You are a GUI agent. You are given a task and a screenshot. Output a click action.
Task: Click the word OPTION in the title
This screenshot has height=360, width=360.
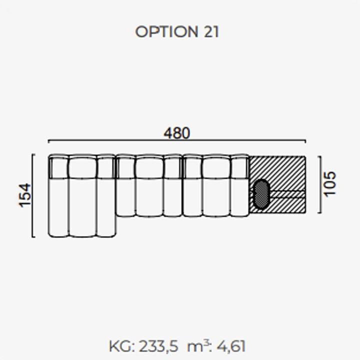click(x=166, y=31)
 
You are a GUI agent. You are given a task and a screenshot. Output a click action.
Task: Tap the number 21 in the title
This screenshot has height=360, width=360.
click(x=211, y=31)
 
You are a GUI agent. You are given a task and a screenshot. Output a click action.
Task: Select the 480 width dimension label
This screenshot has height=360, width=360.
click(x=177, y=133)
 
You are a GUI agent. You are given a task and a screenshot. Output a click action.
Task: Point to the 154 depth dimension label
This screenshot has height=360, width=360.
click(x=25, y=195)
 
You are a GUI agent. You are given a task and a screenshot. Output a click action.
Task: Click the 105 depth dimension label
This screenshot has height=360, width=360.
click(x=330, y=184)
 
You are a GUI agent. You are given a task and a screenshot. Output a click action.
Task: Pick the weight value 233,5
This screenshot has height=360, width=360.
click(x=158, y=346)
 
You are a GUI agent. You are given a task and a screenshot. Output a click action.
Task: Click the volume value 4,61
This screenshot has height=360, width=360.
click(x=231, y=346)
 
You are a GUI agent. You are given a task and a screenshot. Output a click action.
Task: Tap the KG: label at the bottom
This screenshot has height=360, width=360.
click(x=121, y=346)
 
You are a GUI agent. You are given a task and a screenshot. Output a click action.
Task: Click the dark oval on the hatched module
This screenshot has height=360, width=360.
click(x=261, y=194)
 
